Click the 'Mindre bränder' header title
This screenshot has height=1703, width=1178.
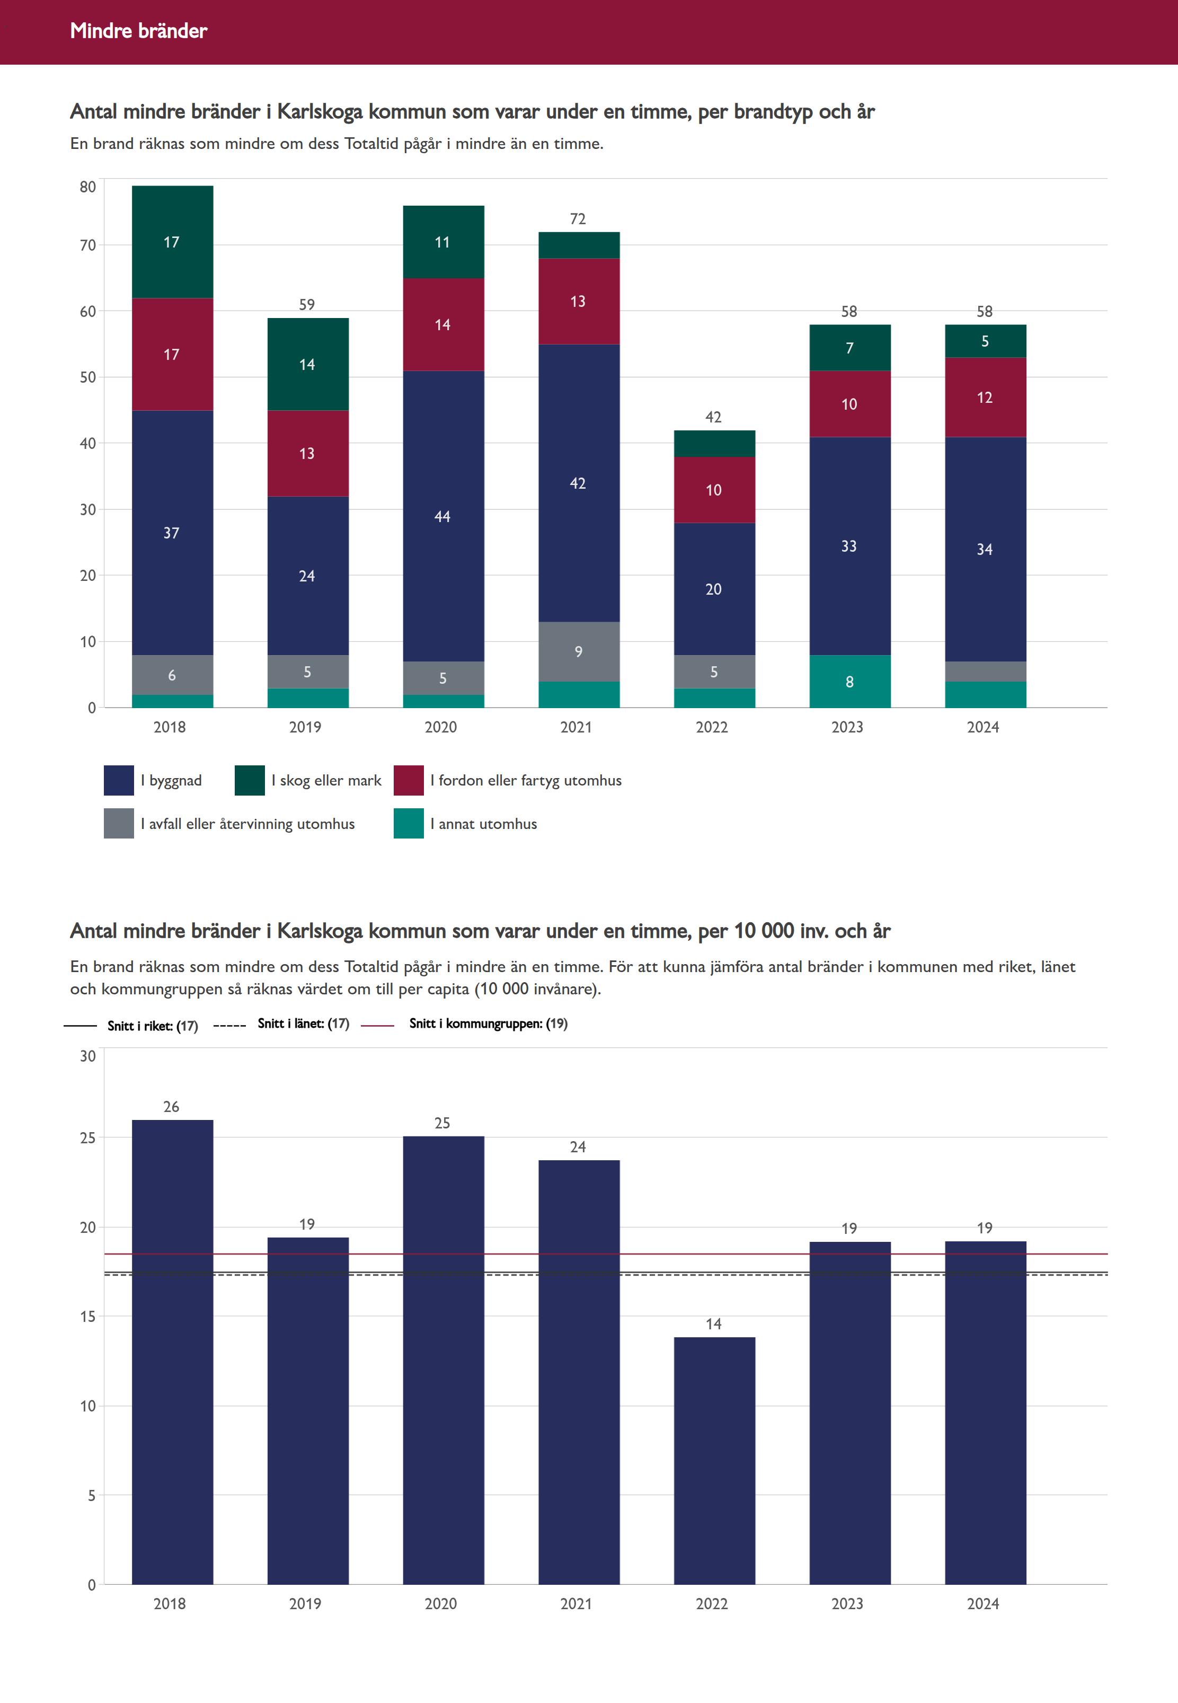[x=139, y=31]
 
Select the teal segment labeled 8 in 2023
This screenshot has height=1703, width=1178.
[x=849, y=681]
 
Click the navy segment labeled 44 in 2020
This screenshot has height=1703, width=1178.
[x=443, y=516]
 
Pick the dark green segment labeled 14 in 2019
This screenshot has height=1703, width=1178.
[x=308, y=365]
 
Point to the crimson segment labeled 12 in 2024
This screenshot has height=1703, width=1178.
[x=985, y=397]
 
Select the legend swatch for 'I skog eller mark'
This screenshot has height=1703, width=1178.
[x=250, y=780]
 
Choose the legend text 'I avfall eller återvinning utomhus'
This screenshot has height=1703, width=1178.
[x=248, y=824]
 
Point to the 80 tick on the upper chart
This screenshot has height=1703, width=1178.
[x=88, y=187]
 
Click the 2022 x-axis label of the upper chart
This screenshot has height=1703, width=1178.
[x=712, y=727]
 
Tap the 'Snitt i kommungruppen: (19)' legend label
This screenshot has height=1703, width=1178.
[x=489, y=1023]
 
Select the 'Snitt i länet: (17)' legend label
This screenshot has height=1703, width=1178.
[x=303, y=1023]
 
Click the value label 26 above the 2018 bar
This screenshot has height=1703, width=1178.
[x=171, y=1107]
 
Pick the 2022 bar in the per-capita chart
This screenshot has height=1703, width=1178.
[x=714, y=1460]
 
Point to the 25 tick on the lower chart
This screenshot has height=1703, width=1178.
[x=88, y=1137]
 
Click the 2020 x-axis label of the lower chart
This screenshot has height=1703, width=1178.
[x=441, y=1603]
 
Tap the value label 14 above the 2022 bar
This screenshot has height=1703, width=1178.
[x=714, y=1323]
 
